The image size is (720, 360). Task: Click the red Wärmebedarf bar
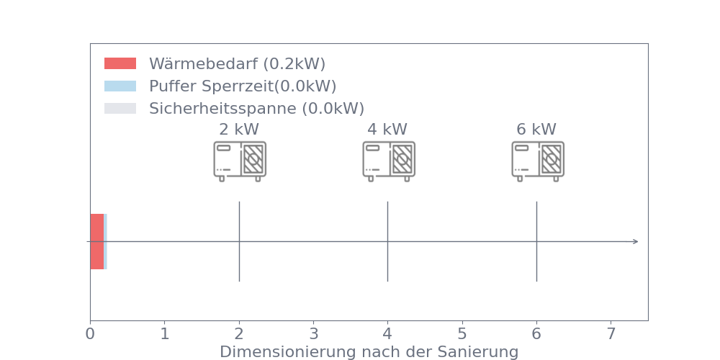tap(97, 241)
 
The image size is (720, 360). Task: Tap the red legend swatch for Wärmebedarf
tap(120, 63)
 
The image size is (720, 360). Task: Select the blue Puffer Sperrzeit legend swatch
tap(120, 86)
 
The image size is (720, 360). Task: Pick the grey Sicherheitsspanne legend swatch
tap(120, 109)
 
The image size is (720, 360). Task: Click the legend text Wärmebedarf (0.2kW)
tap(237, 64)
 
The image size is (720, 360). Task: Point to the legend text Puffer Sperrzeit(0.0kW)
tap(243, 86)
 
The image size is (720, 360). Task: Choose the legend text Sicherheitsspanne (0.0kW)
tap(257, 109)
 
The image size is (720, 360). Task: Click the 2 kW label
tap(239, 130)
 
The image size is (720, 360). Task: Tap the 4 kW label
tap(387, 130)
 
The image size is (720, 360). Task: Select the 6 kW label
tap(536, 130)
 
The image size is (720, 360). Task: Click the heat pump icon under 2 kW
tap(240, 161)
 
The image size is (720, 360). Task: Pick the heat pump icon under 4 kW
tap(389, 161)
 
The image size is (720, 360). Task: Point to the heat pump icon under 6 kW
tap(538, 161)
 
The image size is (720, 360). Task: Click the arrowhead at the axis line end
tap(636, 241)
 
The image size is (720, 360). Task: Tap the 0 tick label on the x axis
tap(90, 334)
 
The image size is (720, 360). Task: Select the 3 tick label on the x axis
tap(314, 334)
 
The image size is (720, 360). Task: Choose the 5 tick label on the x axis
tap(462, 334)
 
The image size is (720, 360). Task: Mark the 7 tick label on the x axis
tap(611, 334)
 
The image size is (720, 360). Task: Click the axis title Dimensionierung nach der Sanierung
tap(369, 352)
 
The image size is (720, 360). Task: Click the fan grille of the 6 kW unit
tap(551, 159)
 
